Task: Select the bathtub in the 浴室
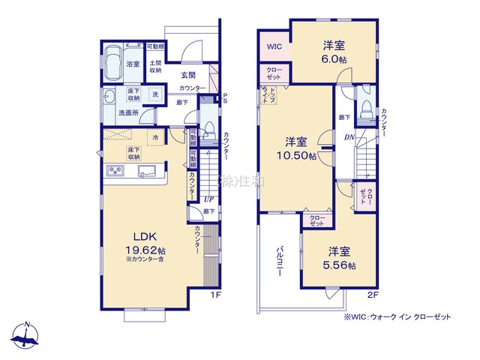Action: coord(115,64)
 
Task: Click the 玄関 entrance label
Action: coord(189,75)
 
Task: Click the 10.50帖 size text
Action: coord(295,154)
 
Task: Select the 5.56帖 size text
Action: coord(340,265)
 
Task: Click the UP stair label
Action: coord(210,199)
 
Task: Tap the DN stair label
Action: coord(349,137)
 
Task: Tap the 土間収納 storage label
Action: coord(155,67)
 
